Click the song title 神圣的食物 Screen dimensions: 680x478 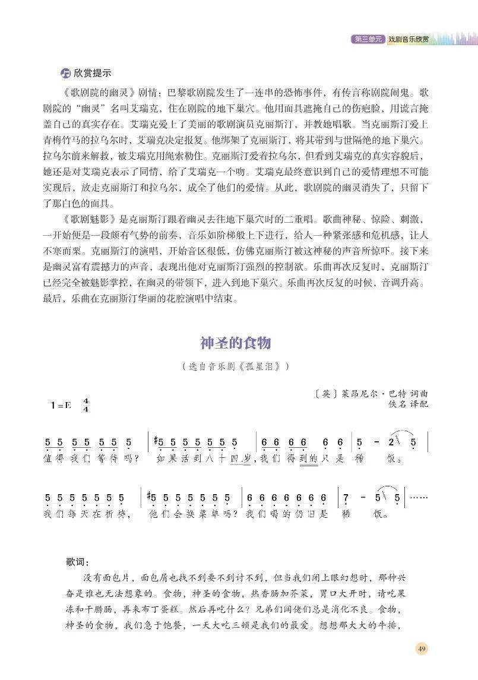tap(236, 343)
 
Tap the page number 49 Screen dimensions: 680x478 tap(422, 648)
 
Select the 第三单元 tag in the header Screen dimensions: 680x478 tap(368, 39)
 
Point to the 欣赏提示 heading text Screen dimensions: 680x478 tap(93, 73)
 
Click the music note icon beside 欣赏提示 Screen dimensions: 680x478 tap(65, 73)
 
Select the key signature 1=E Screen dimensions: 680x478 tap(61, 406)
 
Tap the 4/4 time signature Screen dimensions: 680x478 tap(86, 406)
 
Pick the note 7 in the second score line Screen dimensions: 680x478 tap(346, 498)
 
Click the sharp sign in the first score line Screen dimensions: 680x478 tap(156, 441)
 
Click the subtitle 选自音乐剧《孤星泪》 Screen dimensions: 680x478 tap(236, 366)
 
